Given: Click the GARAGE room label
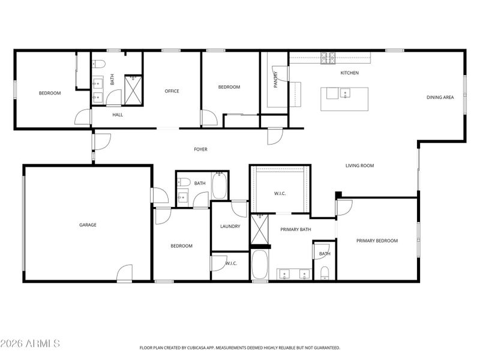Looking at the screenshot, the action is [88, 224].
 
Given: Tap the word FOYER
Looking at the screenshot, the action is [201, 149].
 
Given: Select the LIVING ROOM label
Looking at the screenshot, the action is [359, 166].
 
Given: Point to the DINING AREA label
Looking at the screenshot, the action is [440, 97].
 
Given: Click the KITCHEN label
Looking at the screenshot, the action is [350, 73].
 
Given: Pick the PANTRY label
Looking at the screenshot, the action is [275, 80].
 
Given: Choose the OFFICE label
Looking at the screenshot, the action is [172, 91].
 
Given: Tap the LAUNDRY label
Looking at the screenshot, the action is [230, 227].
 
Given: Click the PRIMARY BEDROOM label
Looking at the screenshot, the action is [377, 241].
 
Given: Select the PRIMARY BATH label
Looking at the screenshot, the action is [296, 229].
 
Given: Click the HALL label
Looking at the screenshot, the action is [118, 115].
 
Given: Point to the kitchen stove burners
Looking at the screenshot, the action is [328, 58].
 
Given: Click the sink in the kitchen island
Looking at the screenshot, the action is [345, 93].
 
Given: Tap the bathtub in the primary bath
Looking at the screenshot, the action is [260, 265].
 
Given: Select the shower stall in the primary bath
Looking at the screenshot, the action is [259, 229].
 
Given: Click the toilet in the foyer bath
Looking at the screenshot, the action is [184, 182].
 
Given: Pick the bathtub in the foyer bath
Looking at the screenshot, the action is [219, 185].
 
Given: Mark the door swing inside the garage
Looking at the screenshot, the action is [125, 272].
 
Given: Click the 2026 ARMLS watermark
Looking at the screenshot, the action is [29, 343].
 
